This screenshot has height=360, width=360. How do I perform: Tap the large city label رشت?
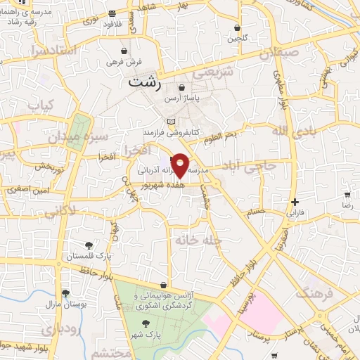[x=145, y=84]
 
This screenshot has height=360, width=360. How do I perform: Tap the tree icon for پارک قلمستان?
[x=89, y=245]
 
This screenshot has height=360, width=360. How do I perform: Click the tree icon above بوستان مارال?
[x=65, y=294]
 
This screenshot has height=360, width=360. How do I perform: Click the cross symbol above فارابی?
[x=294, y=202]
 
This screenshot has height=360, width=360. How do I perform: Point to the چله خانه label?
[x=200, y=240]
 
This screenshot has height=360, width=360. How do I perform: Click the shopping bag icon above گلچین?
[x=238, y=28]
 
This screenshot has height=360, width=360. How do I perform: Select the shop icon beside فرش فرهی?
[x=124, y=51]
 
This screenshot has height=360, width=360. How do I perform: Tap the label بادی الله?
[x=290, y=131]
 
